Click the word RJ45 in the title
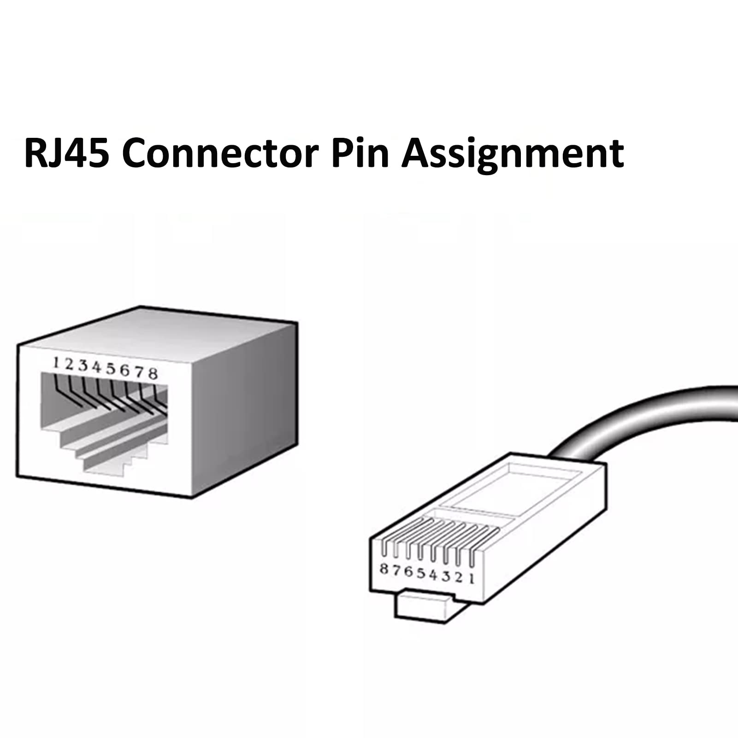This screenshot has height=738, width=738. point(67,154)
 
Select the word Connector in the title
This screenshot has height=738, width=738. point(220,154)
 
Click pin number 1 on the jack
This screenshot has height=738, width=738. point(56,363)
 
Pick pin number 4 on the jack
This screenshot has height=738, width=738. point(97,367)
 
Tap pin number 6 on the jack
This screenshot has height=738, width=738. point(125,370)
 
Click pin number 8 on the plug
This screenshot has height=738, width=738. point(384,569)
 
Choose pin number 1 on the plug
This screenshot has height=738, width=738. point(471,578)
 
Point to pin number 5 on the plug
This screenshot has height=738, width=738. point(421,573)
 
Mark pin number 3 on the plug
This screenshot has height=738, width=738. point(446,576)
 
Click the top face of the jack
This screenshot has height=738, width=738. point(157,327)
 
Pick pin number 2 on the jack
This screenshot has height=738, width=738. point(69,365)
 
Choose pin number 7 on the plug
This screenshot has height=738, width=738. point(396,571)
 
